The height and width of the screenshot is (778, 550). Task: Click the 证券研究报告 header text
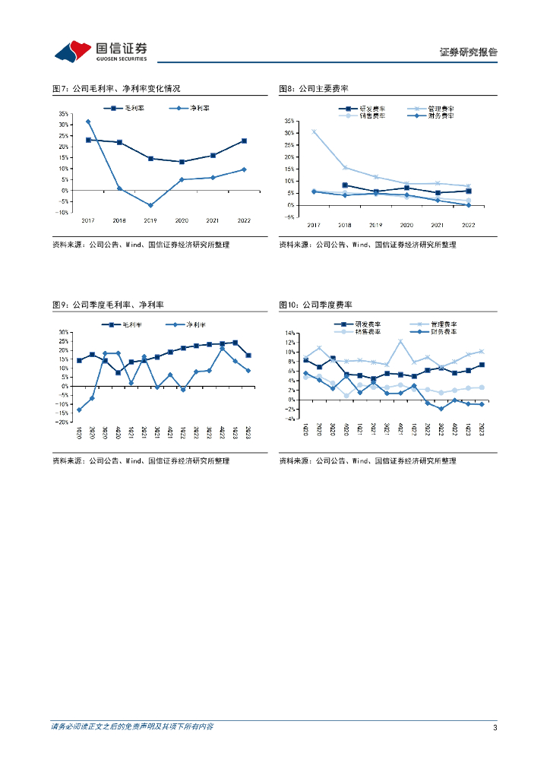(468, 52)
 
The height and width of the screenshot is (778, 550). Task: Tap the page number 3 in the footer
(495, 728)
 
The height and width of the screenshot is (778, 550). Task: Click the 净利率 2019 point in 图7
(150, 205)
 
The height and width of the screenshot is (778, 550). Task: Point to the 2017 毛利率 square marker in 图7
(88, 140)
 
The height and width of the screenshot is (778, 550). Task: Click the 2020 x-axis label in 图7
(182, 220)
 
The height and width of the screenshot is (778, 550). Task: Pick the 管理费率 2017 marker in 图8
(314, 131)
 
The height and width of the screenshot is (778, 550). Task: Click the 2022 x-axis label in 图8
(468, 226)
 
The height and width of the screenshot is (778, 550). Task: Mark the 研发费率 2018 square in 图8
(345, 185)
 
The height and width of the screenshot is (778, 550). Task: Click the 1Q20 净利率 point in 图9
(79, 410)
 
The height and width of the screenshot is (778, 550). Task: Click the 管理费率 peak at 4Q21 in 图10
(400, 341)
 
